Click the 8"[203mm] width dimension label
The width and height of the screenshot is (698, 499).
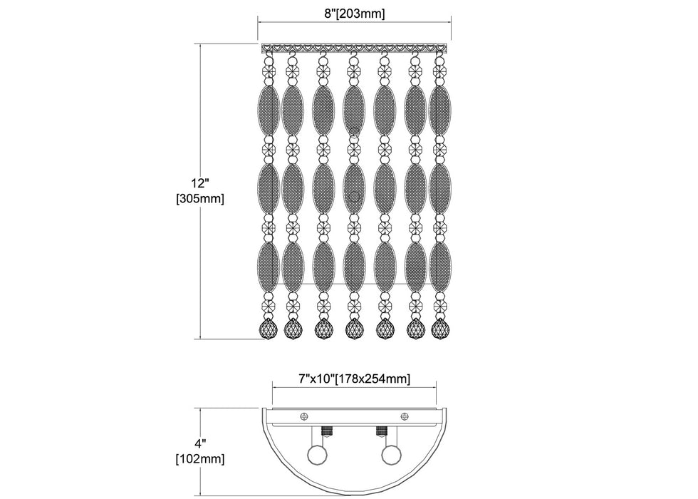(355, 14)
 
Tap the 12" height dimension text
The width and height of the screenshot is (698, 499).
(200, 183)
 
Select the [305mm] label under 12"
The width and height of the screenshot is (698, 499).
(200, 199)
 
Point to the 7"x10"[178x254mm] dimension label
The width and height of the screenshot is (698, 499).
(355, 379)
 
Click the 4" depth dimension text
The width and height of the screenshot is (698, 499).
(200, 443)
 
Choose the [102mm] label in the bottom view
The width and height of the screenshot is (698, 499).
(200, 458)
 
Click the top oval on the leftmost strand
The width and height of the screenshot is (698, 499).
(269, 109)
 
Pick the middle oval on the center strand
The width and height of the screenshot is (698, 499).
(355, 188)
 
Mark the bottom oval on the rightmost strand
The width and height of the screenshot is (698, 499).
(440, 267)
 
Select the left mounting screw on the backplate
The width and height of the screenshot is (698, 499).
(305, 416)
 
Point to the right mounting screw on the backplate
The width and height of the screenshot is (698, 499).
(405, 416)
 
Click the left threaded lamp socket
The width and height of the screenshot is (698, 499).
(328, 431)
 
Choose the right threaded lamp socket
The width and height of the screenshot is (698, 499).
(382, 431)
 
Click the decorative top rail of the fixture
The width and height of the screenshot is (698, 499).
(355, 47)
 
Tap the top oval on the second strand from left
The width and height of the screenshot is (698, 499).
(293, 109)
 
